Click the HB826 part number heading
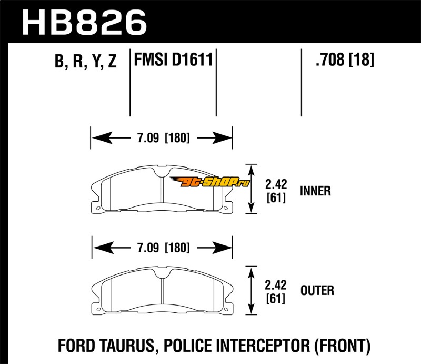(x=84, y=23)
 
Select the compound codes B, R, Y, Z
(x=86, y=61)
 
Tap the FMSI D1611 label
(x=174, y=60)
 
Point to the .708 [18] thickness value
(x=345, y=60)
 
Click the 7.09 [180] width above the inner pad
(x=163, y=138)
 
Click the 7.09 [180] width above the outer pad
(x=163, y=248)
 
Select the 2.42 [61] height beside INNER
(x=276, y=191)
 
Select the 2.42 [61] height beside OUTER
(x=276, y=292)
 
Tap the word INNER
(x=315, y=191)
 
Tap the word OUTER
(x=317, y=291)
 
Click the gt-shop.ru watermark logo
(x=210, y=182)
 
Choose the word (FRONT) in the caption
(x=342, y=346)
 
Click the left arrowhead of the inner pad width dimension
(x=102, y=138)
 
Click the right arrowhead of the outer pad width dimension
(x=222, y=248)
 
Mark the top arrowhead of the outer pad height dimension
(x=251, y=272)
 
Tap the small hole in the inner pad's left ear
(x=98, y=208)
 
